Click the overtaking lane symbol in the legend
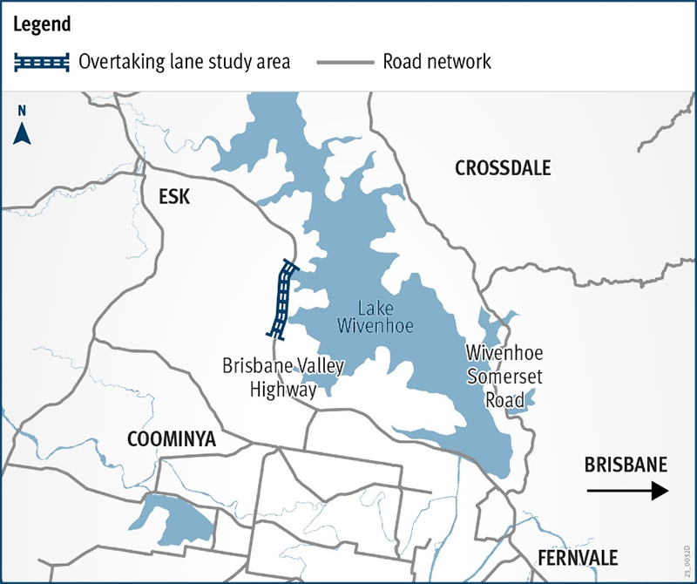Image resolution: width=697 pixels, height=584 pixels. (x=41, y=62)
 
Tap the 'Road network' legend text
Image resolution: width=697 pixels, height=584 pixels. (x=437, y=62)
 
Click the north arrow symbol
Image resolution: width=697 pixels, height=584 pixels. (x=24, y=132)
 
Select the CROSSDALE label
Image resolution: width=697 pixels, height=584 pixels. (x=503, y=168)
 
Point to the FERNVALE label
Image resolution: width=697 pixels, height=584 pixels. (x=578, y=558)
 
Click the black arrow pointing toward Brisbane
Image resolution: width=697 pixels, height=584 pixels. (x=626, y=492)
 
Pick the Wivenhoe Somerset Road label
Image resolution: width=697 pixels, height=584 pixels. (x=504, y=377)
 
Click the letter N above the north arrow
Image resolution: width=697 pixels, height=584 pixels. (x=23, y=111)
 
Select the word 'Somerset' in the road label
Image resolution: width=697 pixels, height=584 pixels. (x=504, y=377)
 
